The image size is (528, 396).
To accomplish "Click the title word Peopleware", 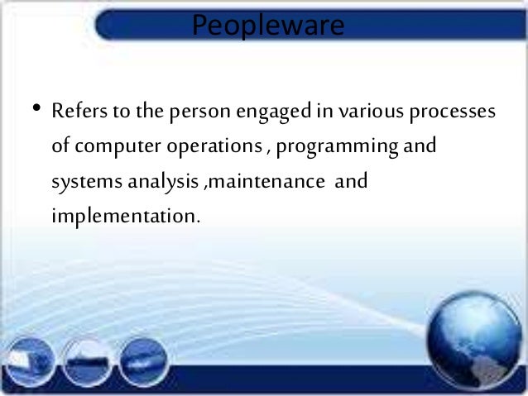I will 267,26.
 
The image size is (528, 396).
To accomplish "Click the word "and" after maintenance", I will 349,183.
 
